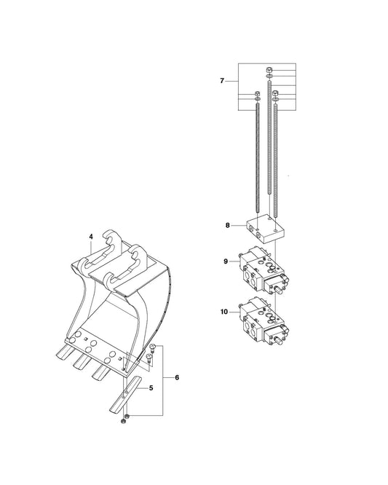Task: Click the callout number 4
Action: click(91, 237)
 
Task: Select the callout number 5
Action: click(151, 388)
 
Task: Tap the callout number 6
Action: click(177, 377)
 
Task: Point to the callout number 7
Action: click(222, 81)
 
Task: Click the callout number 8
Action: click(228, 226)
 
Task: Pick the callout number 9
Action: click(226, 261)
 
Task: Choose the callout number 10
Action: click(224, 312)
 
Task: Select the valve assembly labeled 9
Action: click(264, 269)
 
